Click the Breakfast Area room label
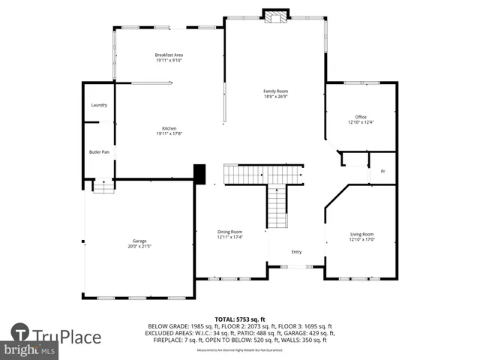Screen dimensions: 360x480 point(169,55)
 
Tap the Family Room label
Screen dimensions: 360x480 point(275,91)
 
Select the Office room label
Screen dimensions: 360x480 point(361,116)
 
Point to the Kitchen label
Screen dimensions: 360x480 point(169,128)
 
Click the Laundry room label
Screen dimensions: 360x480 point(99,105)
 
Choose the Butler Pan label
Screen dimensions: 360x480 point(99,152)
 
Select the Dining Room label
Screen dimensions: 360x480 point(230,232)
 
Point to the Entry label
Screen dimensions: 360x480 point(296,252)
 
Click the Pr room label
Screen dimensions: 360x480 point(382,172)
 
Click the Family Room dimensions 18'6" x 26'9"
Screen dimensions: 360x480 point(275,97)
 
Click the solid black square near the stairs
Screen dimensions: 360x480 point(200,174)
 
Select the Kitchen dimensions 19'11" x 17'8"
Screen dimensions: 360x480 point(169,134)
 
